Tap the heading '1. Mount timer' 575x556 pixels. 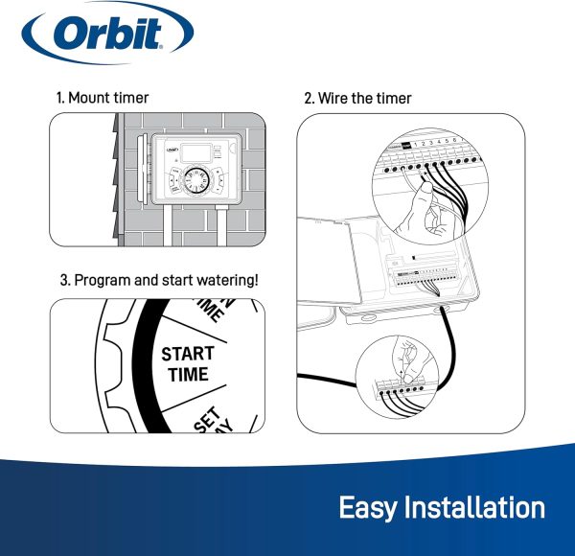tap(103, 98)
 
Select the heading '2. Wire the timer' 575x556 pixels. tap(357, 98)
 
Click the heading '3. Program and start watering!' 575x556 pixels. tap(159, 281)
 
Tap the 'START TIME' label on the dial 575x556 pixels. tap(187, 364)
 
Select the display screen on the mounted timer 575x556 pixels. tap(191, 151)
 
